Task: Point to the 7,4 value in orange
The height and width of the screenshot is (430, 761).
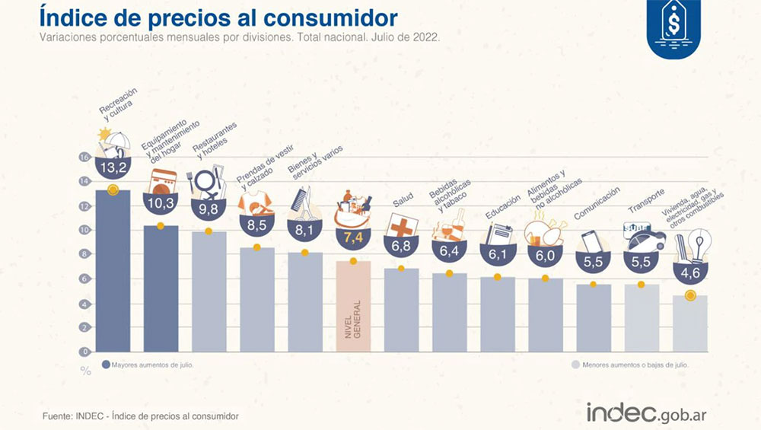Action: (353, 237)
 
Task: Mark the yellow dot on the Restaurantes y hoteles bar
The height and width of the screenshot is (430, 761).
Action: (208, 231)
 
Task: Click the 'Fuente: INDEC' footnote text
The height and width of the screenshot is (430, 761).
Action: (140, 416)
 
